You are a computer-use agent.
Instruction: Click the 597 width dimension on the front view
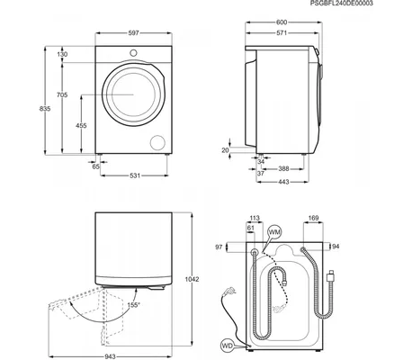pyautogui.click(x=133, y=33)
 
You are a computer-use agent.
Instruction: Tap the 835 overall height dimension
pyautogui.click(x=45, y=109)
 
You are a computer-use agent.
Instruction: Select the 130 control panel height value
pyautogui.click(x=62, y=54)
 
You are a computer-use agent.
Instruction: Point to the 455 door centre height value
pyautogui.click(x=81, y=125)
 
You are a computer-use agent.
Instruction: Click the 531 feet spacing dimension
pyautogui.click(x=135, y=175)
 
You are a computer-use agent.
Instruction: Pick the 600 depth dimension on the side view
pyautogui.click(x=282, y=22)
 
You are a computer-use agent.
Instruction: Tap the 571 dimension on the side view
pyautogui.click(x=282, y=33)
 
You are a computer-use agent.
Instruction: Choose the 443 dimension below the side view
pyautogui.click(x=283, y=182)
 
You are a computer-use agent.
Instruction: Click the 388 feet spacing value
pyautogui.click(x=283, y=169)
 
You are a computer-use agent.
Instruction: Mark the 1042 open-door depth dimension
pyautogui.click(x=192, y=279)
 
